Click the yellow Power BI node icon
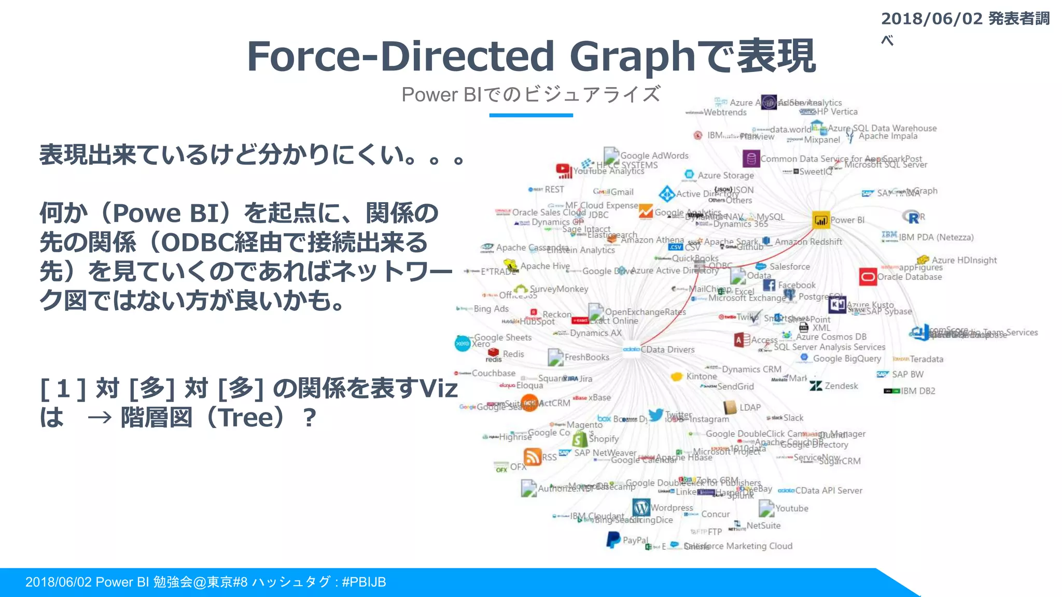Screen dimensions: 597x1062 pos(821,220)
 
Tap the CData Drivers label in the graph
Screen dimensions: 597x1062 pos(667,350)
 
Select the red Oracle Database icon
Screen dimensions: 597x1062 pos(868,277)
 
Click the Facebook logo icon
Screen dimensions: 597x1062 pos(769,285)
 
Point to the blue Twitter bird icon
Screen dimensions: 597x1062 pos(656,415)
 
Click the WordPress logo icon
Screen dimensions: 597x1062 pos(641,507)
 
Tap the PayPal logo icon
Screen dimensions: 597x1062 pos(613,539)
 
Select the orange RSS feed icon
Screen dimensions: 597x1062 pos(533,457)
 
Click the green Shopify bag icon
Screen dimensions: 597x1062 pos(579,439)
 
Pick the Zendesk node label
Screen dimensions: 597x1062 pos(841,386)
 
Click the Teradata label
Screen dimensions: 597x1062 pos(926,359)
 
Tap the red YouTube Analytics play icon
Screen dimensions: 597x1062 pos(563,169)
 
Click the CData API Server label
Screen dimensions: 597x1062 pos(829,491)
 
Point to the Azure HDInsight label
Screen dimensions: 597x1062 pos(964,260)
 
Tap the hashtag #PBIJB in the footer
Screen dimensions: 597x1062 pos(364,582)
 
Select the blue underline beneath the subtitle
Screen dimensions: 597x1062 pos(531,115)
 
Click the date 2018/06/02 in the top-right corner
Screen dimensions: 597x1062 pos(932,19)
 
